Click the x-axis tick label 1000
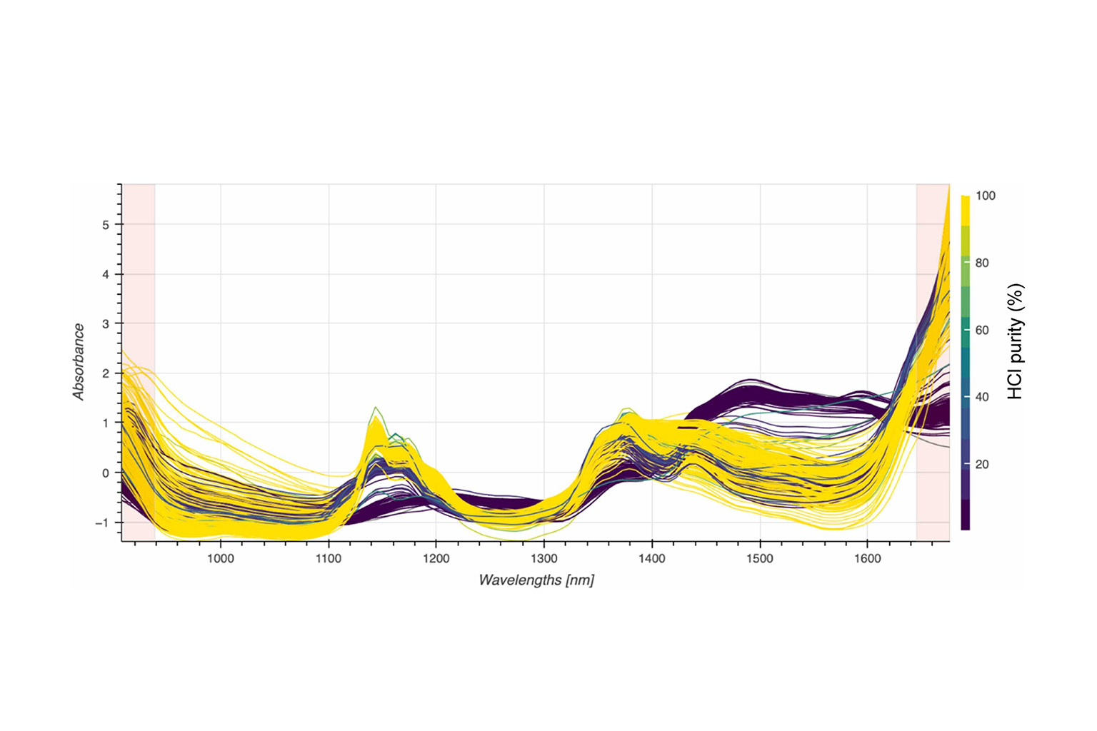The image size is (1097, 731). click(x=220, y=559)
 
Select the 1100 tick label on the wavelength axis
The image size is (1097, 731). click(x=328, y=559)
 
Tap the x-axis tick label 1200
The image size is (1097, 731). click(x=436, y=559)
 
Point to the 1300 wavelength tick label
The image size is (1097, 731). click(x=544, y=559)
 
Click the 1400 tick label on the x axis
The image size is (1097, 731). click(x=651, y=559)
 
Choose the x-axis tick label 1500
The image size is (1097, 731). click(x=759, y=559)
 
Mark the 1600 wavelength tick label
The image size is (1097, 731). click(x=867, y=559)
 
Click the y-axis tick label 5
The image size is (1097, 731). click(x=106, y=225)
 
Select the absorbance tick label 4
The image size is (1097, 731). click(x=106, y=274)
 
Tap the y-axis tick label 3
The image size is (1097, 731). click(x=106, y=323)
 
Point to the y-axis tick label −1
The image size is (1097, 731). click(x=103, y=523)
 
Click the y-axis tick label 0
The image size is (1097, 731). click(x=106, y=473)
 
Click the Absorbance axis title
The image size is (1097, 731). click(x=79, y=361)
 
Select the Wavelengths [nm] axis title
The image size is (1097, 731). click(x=536, y=580)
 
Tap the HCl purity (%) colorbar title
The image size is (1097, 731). click(x=1015, y=341)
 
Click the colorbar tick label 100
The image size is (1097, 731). click(x=985, y=196)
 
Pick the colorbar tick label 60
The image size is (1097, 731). click(x=982, y=330)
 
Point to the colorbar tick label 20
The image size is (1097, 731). click(x=982, y=464)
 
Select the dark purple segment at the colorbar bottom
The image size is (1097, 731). click(x=965, y=514)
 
